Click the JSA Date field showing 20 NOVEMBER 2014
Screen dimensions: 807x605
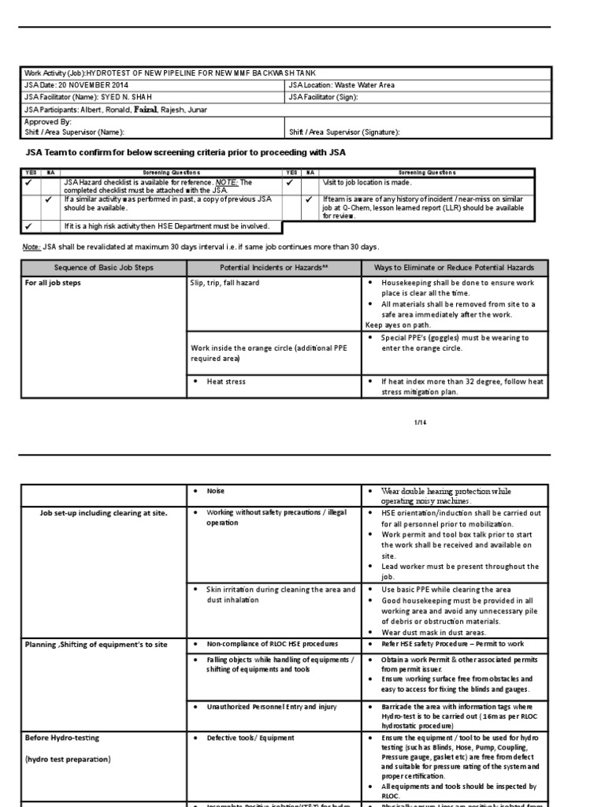(76, 85)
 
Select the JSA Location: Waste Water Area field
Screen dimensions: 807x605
(342, 85)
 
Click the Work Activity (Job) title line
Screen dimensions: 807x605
(169, 73)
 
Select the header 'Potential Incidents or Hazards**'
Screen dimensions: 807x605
(273, 268)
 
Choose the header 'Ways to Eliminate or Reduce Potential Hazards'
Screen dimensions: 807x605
(454, 268)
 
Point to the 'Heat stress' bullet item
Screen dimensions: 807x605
(226, 381)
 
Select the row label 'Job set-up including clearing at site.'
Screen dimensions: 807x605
(103, 513)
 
